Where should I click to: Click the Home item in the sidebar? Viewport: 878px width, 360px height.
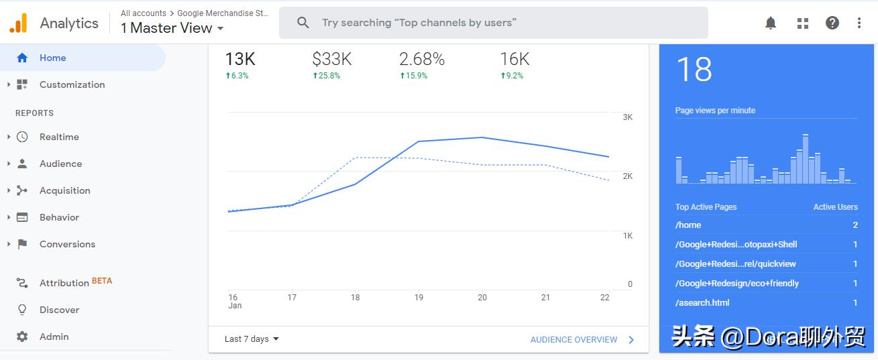(x=52, y=58)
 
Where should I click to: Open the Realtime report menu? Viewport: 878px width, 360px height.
(x=59, y=137)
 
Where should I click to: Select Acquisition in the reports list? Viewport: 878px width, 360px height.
(x=64, y=190)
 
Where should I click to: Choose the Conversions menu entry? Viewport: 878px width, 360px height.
(x=67, y=244)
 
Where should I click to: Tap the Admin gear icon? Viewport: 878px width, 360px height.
(x=22, y=337)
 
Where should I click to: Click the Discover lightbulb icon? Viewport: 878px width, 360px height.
(x=22, y=310)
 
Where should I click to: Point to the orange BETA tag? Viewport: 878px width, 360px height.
(x=102, y=281)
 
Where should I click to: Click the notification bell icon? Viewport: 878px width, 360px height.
(x=771, y=23)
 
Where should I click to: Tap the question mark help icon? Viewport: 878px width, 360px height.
(x=832, y=23)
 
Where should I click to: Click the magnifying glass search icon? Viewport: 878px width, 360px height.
(x=303, y=23)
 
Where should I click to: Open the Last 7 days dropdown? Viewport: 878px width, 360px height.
(x=252, y=339)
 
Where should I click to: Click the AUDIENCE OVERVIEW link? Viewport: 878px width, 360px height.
(x=573, y=340)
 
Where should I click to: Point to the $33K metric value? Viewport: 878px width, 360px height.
(x=332, y=59)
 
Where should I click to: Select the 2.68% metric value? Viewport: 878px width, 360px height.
(x=422, y=59)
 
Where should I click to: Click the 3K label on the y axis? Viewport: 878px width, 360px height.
(x=628, y=117)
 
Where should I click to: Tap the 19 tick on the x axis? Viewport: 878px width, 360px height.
(x=419, y=298)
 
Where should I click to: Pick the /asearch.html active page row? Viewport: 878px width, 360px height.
(x=702, y=303)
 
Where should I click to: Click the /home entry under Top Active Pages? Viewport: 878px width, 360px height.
(x=688, y=225)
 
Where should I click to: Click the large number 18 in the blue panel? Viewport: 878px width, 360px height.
(x=694, y=69)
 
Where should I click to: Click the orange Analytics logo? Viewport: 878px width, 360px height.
(x=18, y=23)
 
